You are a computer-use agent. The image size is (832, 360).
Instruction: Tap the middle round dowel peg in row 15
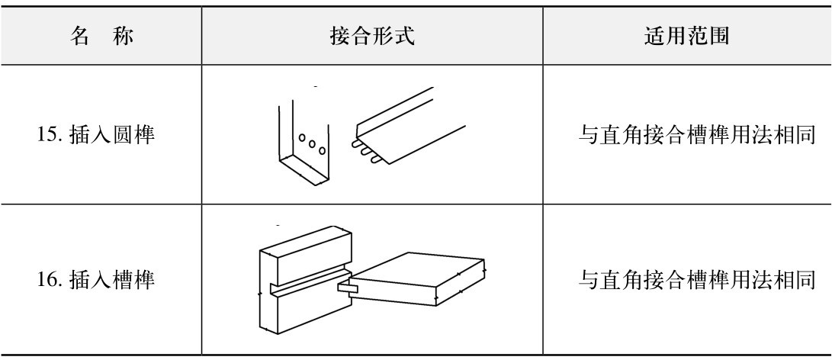coord(364,149)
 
